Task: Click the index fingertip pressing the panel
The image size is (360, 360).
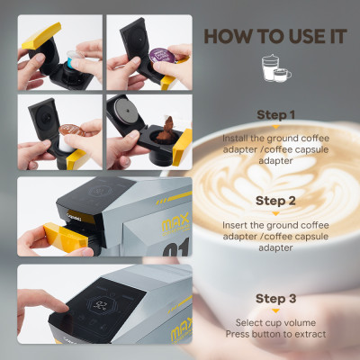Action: (61, 307)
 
